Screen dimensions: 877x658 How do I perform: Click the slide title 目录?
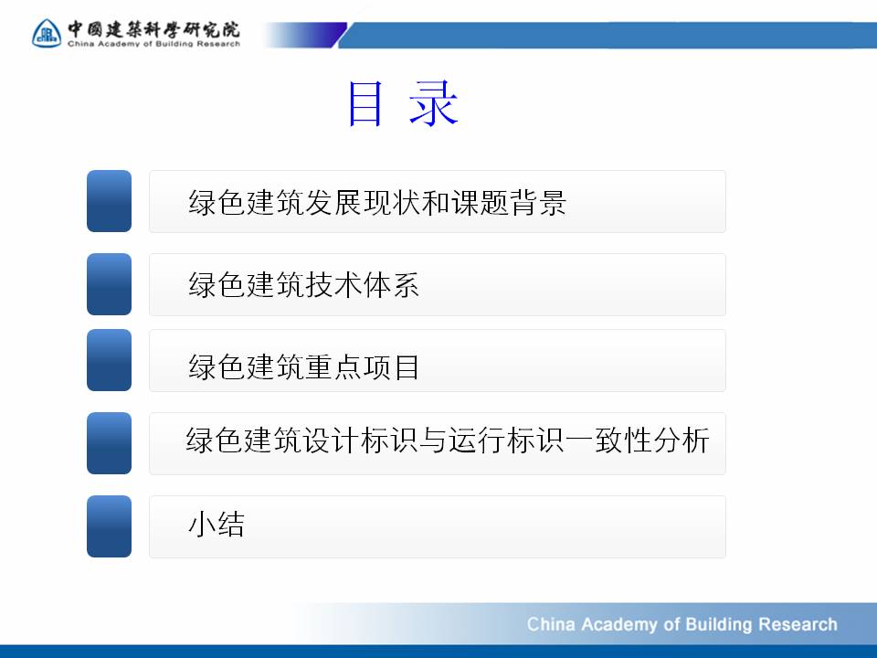[x=403, y=103]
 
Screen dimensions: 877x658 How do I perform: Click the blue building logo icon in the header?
[x=47, y=33]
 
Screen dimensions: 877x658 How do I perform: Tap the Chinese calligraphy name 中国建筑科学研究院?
[x=153, y=29]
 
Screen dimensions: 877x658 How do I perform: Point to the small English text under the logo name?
[x=153, y=44]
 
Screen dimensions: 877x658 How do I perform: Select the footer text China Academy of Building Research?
[x=682, y=624]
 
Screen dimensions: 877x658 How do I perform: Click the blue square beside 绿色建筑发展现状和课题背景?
[x=109, y=201]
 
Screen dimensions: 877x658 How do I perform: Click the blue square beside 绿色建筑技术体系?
[x=109, y=284]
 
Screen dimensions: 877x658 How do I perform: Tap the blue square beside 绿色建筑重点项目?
[x=109, y=360]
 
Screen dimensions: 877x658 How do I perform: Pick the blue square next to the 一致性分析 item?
[x=109, y=443]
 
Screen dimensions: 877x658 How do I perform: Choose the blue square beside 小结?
[x=109, y=526]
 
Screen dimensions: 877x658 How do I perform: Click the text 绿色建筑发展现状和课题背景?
[x=377, y=202]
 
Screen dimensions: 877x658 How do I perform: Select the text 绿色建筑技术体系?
[x=303, y=285]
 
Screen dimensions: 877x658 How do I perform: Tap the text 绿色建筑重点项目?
[x=303, y=367]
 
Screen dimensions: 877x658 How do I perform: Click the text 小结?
[x=217, y=525]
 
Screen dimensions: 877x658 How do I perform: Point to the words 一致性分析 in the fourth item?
[x=637, y=440]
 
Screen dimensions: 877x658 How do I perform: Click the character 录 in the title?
[x=434, y=103]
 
